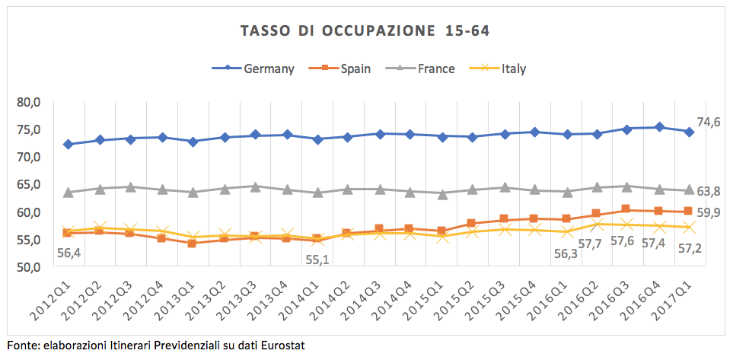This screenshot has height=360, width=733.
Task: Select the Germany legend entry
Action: coord(269,68)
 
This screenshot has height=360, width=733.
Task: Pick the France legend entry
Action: coord(436,68)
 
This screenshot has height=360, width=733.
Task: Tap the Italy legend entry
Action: coord(514,68)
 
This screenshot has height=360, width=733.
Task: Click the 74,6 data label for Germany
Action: coord(709,122)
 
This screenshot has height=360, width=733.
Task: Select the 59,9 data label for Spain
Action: coord(709,212)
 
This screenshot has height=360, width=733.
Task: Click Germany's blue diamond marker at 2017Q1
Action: coord(689,132)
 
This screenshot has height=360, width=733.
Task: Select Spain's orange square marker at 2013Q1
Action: coord(193,243)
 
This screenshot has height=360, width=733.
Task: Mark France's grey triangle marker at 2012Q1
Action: coord(68,193)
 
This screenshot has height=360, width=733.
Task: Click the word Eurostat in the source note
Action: coord(282,346)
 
